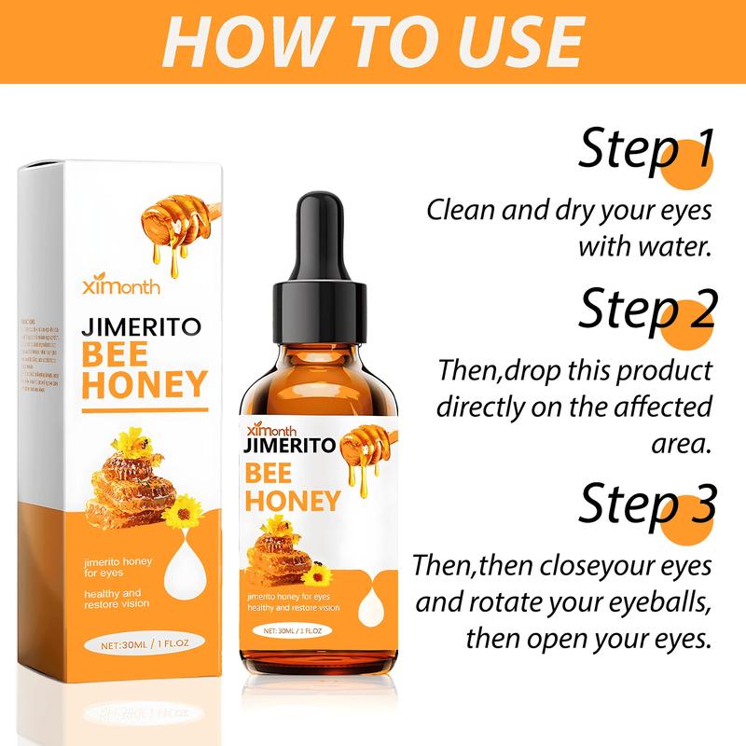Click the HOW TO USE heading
pyautogui.click(x=373, y=43)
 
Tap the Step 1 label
pyautogui.click(x=645, y=149)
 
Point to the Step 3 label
pyautogui.click(x=645, y=504)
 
